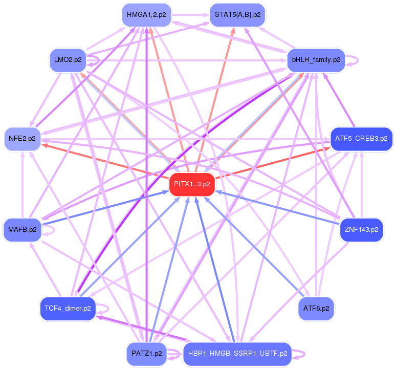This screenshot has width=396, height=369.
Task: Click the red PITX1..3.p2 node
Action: point(192,184)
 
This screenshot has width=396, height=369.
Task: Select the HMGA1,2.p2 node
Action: point(147,15)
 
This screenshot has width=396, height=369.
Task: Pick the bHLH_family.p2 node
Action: point(316,60)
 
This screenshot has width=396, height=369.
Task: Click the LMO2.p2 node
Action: point(68,60)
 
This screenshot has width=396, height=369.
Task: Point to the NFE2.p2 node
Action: point(22,139)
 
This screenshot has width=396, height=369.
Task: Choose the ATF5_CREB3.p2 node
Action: point(361,138)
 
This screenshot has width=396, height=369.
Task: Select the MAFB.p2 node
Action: point(22,230)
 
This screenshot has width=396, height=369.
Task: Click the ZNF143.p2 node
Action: point(361,230)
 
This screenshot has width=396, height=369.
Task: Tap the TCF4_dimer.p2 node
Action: point(68,309)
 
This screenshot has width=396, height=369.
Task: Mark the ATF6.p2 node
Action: point(316,309)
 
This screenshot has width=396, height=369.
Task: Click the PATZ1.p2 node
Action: point(147,354)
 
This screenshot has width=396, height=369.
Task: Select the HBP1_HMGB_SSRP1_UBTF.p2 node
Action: point(237,354)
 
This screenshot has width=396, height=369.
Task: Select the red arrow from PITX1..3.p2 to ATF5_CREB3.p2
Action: point(276,162)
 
